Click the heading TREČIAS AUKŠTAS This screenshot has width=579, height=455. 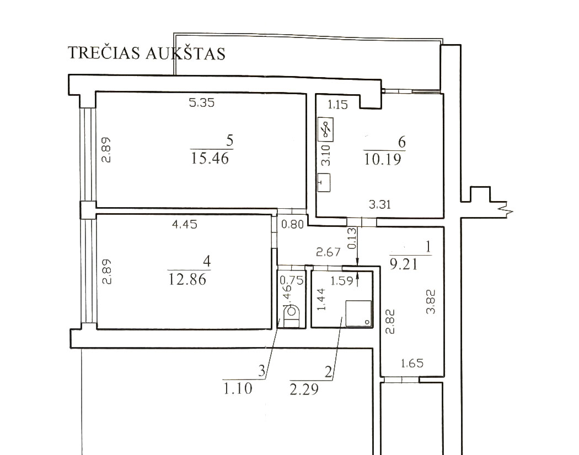(x=147, y=53)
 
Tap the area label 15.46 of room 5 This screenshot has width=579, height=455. (x=210, y=159)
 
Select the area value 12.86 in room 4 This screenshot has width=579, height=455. (x=187, y=279)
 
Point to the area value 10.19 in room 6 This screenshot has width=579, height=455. (x=383, y=160)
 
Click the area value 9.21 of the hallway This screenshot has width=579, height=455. (x=404, y=264)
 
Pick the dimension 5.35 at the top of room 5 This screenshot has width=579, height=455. (x=202, y=102)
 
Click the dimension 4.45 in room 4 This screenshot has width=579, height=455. (x=185, y=224)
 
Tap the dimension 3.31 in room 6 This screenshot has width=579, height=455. (x=380, y=204)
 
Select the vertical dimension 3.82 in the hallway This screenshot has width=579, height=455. (x=431, y=301)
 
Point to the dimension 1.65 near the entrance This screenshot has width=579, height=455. (x=412, y=364)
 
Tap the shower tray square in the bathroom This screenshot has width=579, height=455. (x=358, y=313)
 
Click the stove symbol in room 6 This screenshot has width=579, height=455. (x=326, y=129)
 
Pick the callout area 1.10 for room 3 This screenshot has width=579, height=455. (x=238, y=388)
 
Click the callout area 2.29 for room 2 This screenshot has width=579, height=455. (x=304, y=389)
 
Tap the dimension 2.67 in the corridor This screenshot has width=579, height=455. (x=328, y=252)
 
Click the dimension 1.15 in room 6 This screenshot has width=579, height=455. (x=338, y=105)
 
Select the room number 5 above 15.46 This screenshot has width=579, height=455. (x=230, y=140)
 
